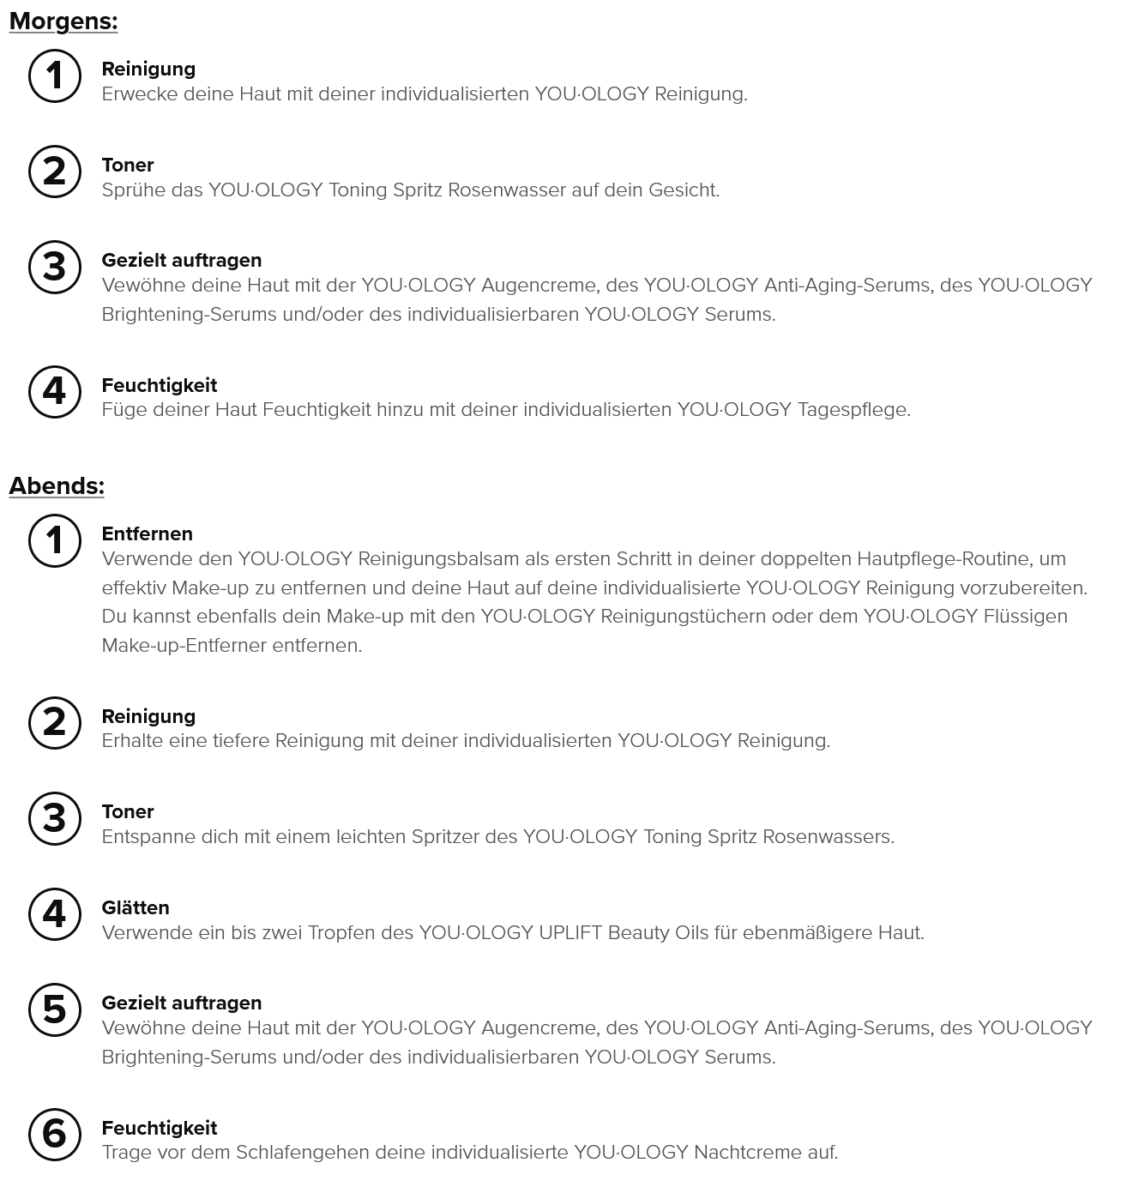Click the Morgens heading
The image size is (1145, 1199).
(x=63, y=21)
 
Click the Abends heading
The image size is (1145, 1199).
(x=57, y=486)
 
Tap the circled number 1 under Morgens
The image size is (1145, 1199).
(x=55, y=75)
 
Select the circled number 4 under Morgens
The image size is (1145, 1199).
(x=55, y=391)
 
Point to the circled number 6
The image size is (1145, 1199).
(x=55, y=1134)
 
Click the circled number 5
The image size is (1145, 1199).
(x=55, y=1009)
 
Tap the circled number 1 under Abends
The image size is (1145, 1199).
(x=55, y=540)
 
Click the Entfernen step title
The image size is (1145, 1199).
(x=147, y=533)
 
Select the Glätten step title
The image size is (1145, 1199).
(x=136, y=907)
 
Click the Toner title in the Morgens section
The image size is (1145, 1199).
(x=128, y=165)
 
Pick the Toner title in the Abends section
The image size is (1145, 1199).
(x=128, y=811)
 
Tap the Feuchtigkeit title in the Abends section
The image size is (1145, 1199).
(x=160, y=1128)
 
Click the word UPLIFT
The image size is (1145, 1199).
(x=570, y=933)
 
